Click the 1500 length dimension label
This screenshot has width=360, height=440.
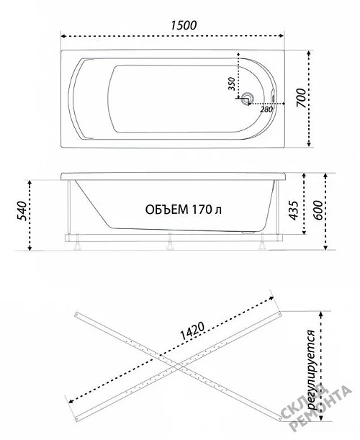pyautogui.click(x=184, y=25)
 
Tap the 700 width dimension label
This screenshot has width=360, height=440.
pyautogui.click(x=301, y=98)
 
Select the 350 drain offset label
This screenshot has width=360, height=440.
pyautogui.click(x=232, y=84)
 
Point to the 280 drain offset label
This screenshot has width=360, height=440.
pyautogui.click(x=266, y=109)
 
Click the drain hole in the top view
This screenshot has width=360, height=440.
pyautogui.click(x=248, y=99)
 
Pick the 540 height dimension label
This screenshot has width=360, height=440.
pyautogui.click(x=22, y=211)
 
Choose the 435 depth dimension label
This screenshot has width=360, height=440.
pyautogui.click(x=294, y=210)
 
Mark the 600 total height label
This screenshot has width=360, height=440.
pyautogui.click(x=318, y=210)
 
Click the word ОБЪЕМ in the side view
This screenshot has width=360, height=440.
pyautogui.click(x=166, y=210)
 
